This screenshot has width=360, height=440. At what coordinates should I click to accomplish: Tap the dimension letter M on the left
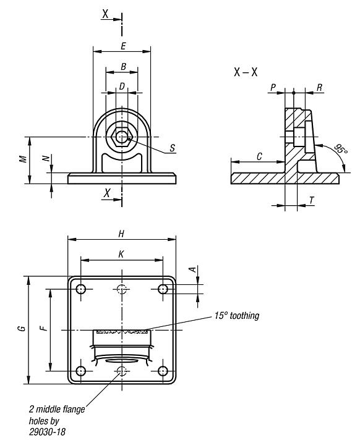coord(23,159)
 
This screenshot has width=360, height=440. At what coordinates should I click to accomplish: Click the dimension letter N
coord(46,159)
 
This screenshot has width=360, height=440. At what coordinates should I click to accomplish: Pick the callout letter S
coord(172,148)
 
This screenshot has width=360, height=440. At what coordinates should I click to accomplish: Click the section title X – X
coord(246,72)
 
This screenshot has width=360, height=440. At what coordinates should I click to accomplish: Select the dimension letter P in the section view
coord(273,88)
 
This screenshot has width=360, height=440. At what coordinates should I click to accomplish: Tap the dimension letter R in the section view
coord(319,88)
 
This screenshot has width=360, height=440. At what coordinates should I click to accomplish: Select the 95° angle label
coord(340,151)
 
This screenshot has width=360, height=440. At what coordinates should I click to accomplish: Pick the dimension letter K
coord(122,253)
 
